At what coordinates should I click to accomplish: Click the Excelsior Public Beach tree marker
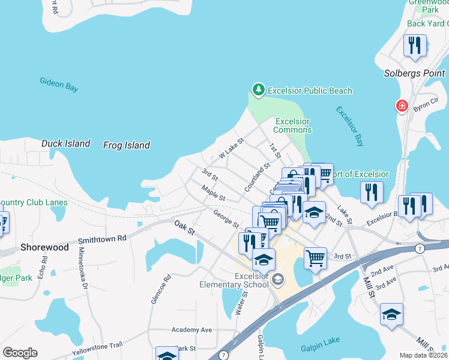pos(258,90)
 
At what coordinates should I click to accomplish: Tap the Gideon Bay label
pos(59,84)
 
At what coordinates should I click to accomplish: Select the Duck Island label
pos(65,144)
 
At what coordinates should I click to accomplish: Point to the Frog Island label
pos(126,145)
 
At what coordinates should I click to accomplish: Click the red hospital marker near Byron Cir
pos(402,107)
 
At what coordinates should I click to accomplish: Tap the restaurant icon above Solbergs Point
pos(415,46)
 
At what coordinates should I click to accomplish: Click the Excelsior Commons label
pos(292,125)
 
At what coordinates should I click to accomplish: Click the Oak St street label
pos(184,227)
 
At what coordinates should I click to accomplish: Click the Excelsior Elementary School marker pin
pos(278,278)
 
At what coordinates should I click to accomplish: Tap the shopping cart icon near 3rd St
pos(315,258)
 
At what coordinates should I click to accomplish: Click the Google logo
pos(20,353)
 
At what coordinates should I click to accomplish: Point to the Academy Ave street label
pos(191,330)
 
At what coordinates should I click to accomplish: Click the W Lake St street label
pos(232,149)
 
